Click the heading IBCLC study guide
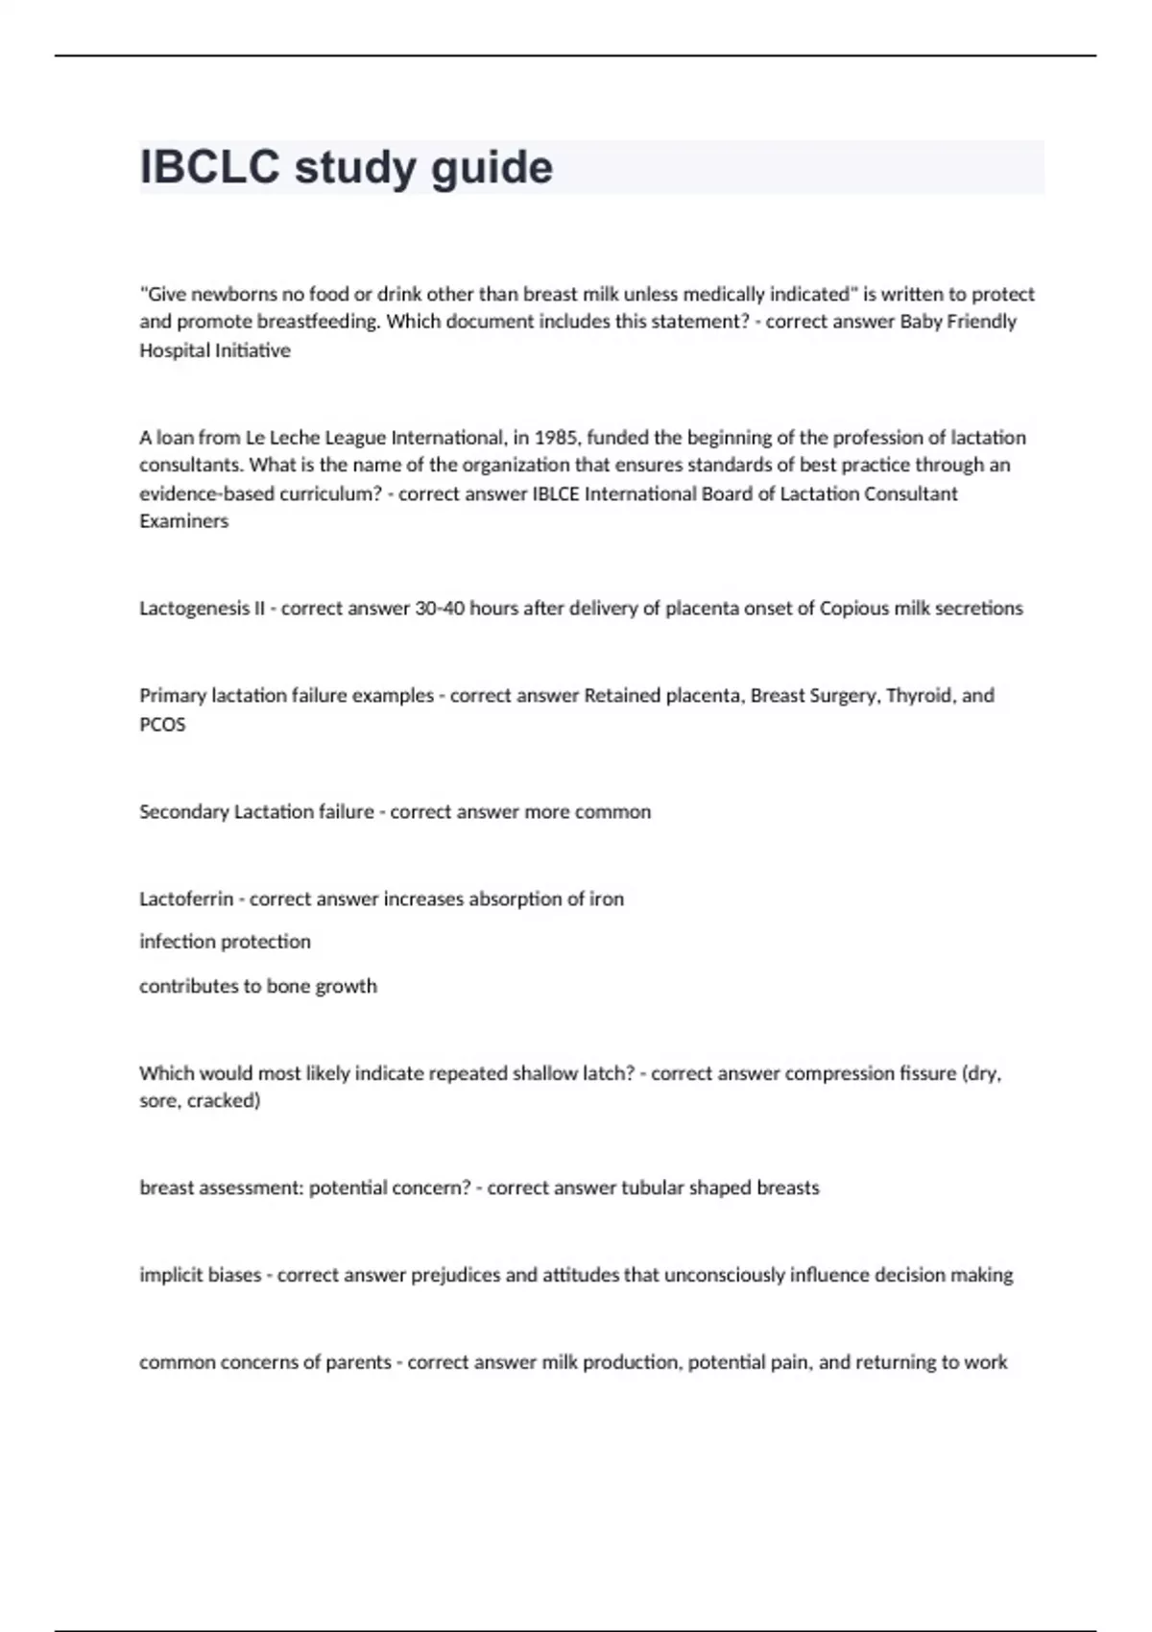(347, 168)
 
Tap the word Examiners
(184, 521)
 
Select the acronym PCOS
(162, 724)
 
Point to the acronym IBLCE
(556, 493)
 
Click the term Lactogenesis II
(202, 609)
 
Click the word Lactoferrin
(186, 900)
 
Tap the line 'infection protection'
(225, 942)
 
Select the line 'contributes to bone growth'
(258, 986)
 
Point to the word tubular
(652, 1188)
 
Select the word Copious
(853, 609)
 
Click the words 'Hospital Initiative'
(215, 350)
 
